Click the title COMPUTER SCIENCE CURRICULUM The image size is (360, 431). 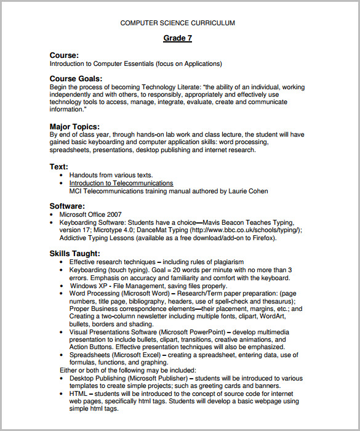(x=177, y=23)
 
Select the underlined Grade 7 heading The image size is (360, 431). (x=177, y=38)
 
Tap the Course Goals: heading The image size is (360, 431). (x=76, y=79)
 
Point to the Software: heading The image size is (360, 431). (x=67, y=206)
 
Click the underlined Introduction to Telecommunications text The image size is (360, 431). (x=121, y=183)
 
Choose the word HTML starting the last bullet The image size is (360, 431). (x=78, y=393)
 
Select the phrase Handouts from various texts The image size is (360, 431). (x=111, y=175)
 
